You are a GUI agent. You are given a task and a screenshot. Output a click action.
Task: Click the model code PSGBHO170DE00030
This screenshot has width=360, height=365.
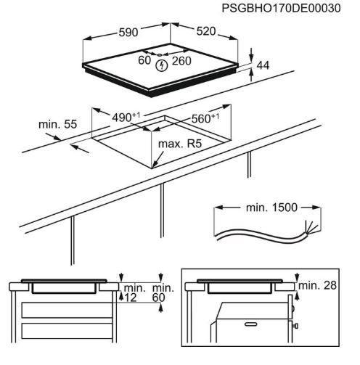tap(281, 9)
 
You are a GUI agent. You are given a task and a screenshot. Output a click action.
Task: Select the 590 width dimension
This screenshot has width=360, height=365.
tap(128, 32)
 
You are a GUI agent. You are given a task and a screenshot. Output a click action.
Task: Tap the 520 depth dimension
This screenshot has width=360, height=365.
tap(206, 31)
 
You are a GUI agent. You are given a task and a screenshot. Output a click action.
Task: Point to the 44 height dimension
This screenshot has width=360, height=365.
tap(263, 65)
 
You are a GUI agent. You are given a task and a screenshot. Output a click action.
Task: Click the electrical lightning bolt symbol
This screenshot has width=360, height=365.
tap(162, 65)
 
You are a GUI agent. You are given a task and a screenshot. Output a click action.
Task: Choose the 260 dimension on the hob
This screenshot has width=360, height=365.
tap(181, 61)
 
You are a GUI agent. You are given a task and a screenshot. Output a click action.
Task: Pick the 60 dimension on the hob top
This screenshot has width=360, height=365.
tap(144, 60)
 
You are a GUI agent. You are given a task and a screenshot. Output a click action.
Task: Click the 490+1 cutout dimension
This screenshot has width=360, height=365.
tap(126, 117)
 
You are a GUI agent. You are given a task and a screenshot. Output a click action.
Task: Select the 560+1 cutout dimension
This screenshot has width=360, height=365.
tap(205, 118)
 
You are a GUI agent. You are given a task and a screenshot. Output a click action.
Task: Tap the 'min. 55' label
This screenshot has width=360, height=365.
tap(57, 124)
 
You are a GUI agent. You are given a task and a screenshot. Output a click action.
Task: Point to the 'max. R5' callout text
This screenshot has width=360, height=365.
tap(180, 144)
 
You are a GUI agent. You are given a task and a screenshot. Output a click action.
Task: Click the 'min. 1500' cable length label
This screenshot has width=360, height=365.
tap(271, 208)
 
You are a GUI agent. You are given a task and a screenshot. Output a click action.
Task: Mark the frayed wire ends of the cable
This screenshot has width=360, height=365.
tap(312, 228)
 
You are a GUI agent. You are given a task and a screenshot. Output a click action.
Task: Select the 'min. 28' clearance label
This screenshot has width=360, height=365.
tap(317, 285)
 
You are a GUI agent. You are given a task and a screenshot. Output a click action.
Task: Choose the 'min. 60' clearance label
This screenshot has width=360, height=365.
tap(163, 292)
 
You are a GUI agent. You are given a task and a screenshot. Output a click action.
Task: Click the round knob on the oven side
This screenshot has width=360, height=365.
tap(295, 326)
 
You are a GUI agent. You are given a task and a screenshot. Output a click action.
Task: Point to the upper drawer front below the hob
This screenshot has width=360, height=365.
tap(67, 310)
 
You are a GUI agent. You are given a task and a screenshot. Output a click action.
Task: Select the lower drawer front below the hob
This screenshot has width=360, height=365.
tap(67, 331)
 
